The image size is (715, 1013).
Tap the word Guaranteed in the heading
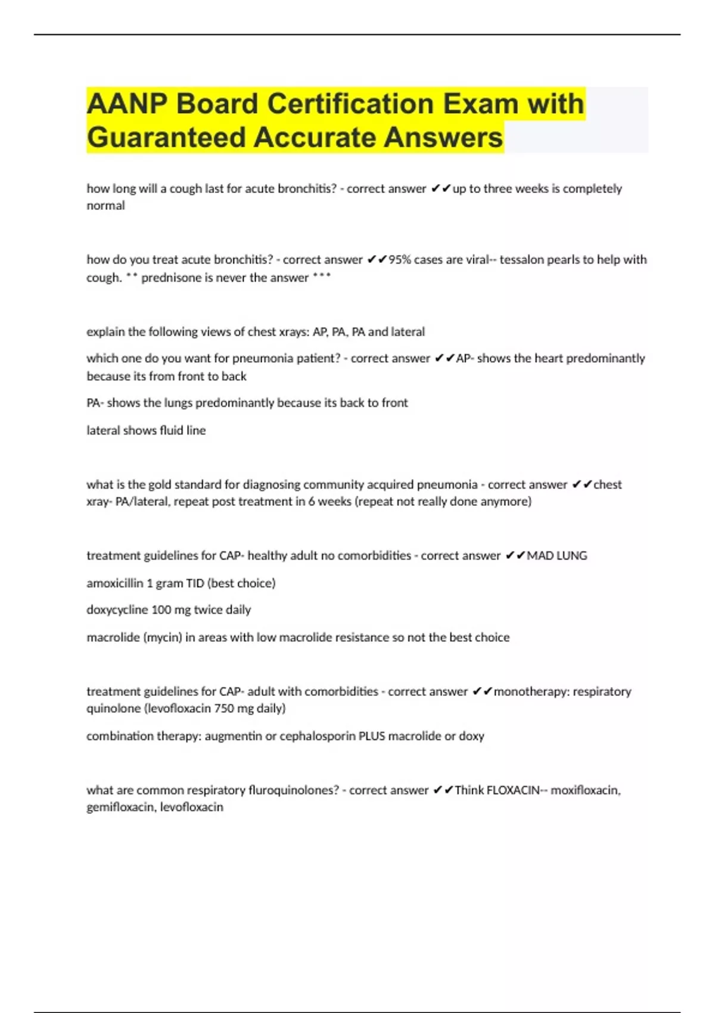(x=165, y=137)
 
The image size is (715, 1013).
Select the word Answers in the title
(x=443, y=137)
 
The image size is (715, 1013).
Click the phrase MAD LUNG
(x=557, y=555)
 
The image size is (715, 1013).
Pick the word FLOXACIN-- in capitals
(x=517, y=790)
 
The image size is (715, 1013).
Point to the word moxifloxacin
(x=585, y=790)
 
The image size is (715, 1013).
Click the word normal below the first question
(x=105, y=206)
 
